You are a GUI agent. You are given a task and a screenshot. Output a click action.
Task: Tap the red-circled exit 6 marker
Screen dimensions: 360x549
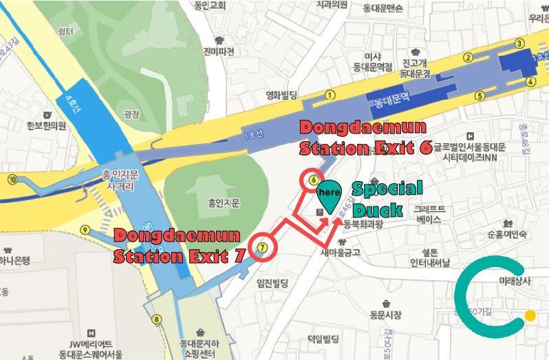click(x=313, y=180)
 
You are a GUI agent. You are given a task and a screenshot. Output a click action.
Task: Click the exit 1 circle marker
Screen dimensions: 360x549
click(x=330, y=95)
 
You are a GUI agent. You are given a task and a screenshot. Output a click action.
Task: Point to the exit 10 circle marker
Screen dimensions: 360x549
click(x=12, y=180)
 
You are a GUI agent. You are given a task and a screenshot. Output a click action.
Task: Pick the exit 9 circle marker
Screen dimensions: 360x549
click(x=85, y=230)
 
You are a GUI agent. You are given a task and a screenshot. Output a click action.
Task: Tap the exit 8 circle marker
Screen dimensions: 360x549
click(x=157, y=319)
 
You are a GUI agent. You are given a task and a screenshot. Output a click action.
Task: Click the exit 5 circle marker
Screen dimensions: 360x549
click(x=480, y=96)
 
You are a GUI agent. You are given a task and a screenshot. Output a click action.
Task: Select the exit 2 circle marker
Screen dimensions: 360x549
click(x=469, y=58)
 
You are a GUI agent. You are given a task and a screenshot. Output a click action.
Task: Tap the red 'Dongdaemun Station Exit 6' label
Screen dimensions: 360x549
click(x=365, y=138)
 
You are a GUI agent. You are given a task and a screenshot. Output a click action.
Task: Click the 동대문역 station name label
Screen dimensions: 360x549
click(x=392, y=100)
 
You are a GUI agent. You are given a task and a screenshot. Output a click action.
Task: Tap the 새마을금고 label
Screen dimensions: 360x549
click(x=340, y=251)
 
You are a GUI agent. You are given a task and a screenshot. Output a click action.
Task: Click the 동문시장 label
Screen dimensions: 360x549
click(x=385, y=315)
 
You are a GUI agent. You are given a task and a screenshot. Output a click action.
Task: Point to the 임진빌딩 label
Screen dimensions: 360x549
click(x=272, y=282)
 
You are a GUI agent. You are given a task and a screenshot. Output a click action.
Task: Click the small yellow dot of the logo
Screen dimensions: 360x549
click(x=529, y=316)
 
